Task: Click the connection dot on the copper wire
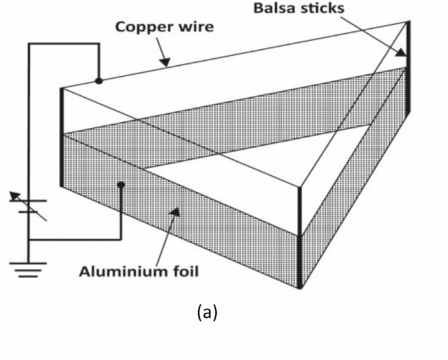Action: pyautogui.click(x=99, y=81)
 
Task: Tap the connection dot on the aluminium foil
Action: pyautogui.click(x=120, y=185)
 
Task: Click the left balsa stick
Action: pyautogui.click(x=62, y=137)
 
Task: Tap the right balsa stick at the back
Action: pyautogui.click(x=408, y=70)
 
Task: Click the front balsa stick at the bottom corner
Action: pyautogui.click(x=300, y=237)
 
